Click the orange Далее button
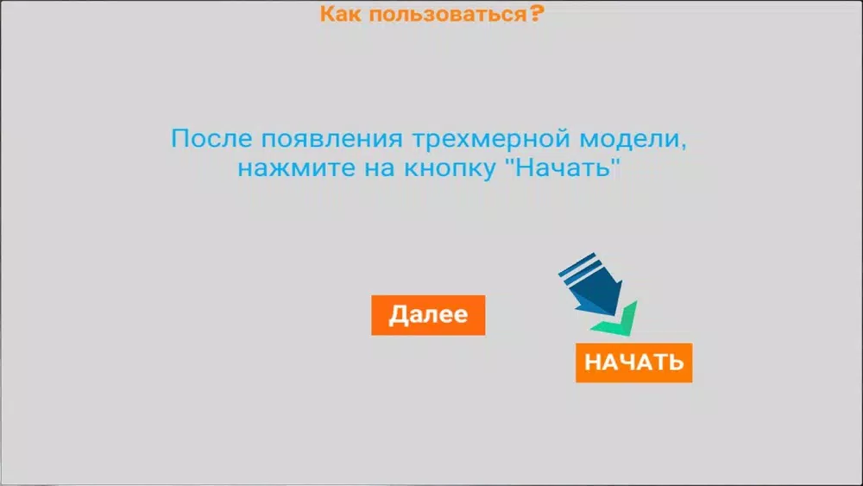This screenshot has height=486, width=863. [428, 315]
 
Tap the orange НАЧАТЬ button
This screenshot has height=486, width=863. [634, 363]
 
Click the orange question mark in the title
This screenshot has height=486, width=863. [537, 13]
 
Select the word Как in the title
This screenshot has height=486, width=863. [341, 14]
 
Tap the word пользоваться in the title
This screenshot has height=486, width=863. [448, 15]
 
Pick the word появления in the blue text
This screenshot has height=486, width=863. [332, 139]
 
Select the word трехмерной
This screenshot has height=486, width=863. [491, 139]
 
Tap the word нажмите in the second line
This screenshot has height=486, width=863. [296, 168]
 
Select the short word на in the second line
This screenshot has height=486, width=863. [380, 168]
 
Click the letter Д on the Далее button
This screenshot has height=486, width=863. [399, 315]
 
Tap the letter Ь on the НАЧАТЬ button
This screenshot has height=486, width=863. [676, 363]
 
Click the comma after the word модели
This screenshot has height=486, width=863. [683, 147]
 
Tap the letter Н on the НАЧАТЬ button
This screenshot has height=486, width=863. [592, 363]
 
